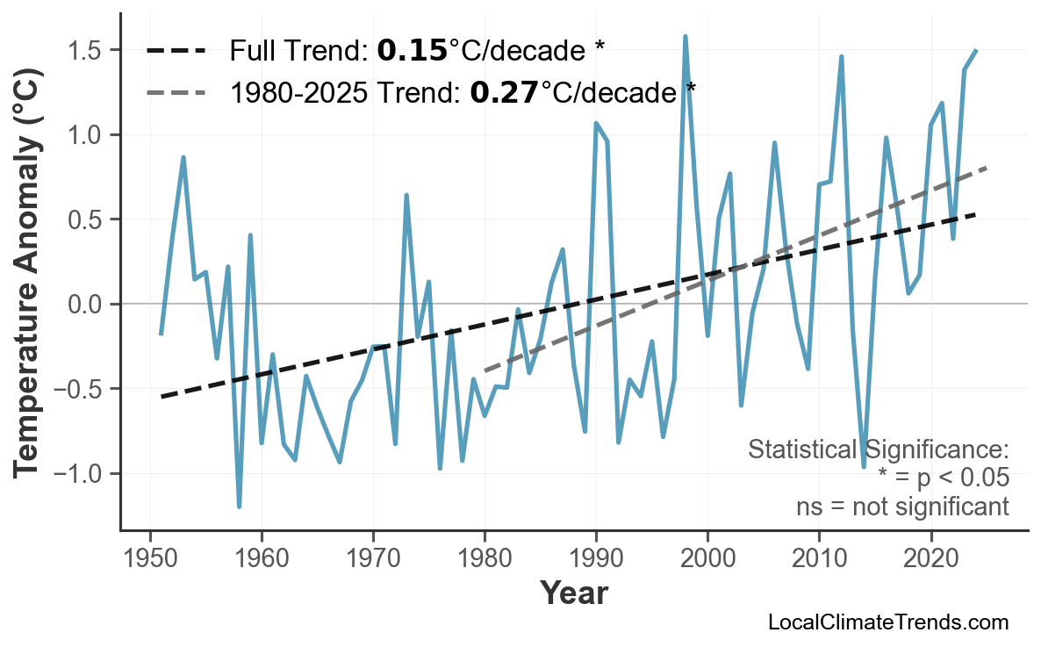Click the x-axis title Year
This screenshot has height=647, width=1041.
573,593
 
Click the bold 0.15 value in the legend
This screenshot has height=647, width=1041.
412,52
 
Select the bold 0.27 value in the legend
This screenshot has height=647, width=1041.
504,91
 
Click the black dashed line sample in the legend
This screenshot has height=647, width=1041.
176,52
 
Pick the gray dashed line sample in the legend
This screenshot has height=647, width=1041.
176,91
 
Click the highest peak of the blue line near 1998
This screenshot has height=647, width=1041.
685,37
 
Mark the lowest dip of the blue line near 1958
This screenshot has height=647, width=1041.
239,507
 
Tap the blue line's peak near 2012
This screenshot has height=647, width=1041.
841,57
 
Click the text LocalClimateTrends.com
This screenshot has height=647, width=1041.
888,622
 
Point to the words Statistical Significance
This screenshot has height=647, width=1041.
878,450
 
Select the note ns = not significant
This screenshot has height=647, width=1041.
902,507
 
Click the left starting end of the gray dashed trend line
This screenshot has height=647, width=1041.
485,371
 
